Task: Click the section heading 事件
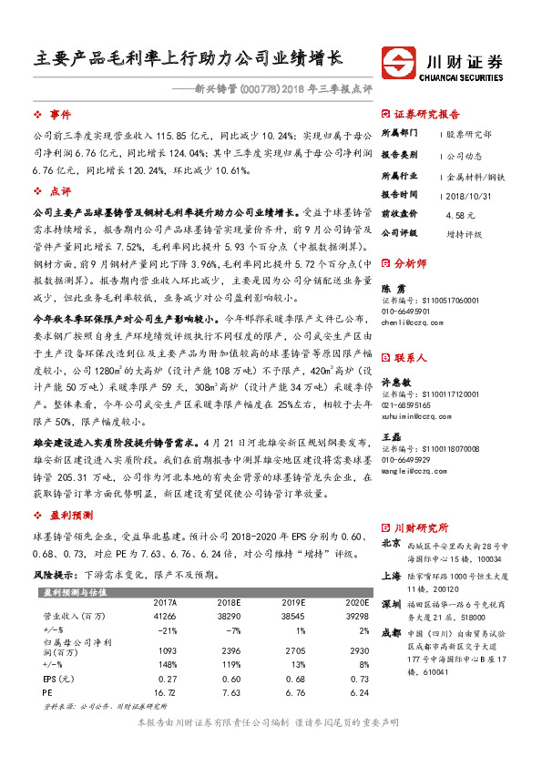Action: (60, 114)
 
